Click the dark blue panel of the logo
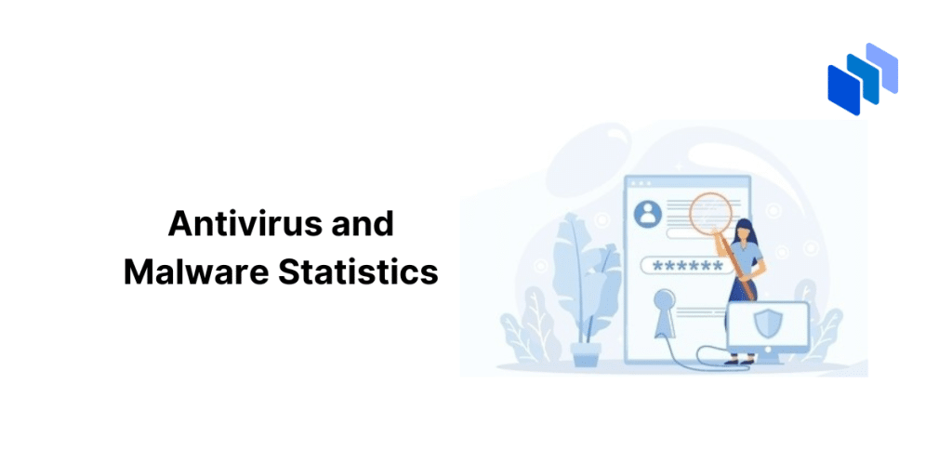[844, 90]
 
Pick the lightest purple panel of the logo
[882, 67]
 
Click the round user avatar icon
[648, 213]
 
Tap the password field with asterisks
[683, 265]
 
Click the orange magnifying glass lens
[709, 209]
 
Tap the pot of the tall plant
[586, 353]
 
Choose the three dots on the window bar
[641, 183]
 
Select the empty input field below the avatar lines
[691, 233]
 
